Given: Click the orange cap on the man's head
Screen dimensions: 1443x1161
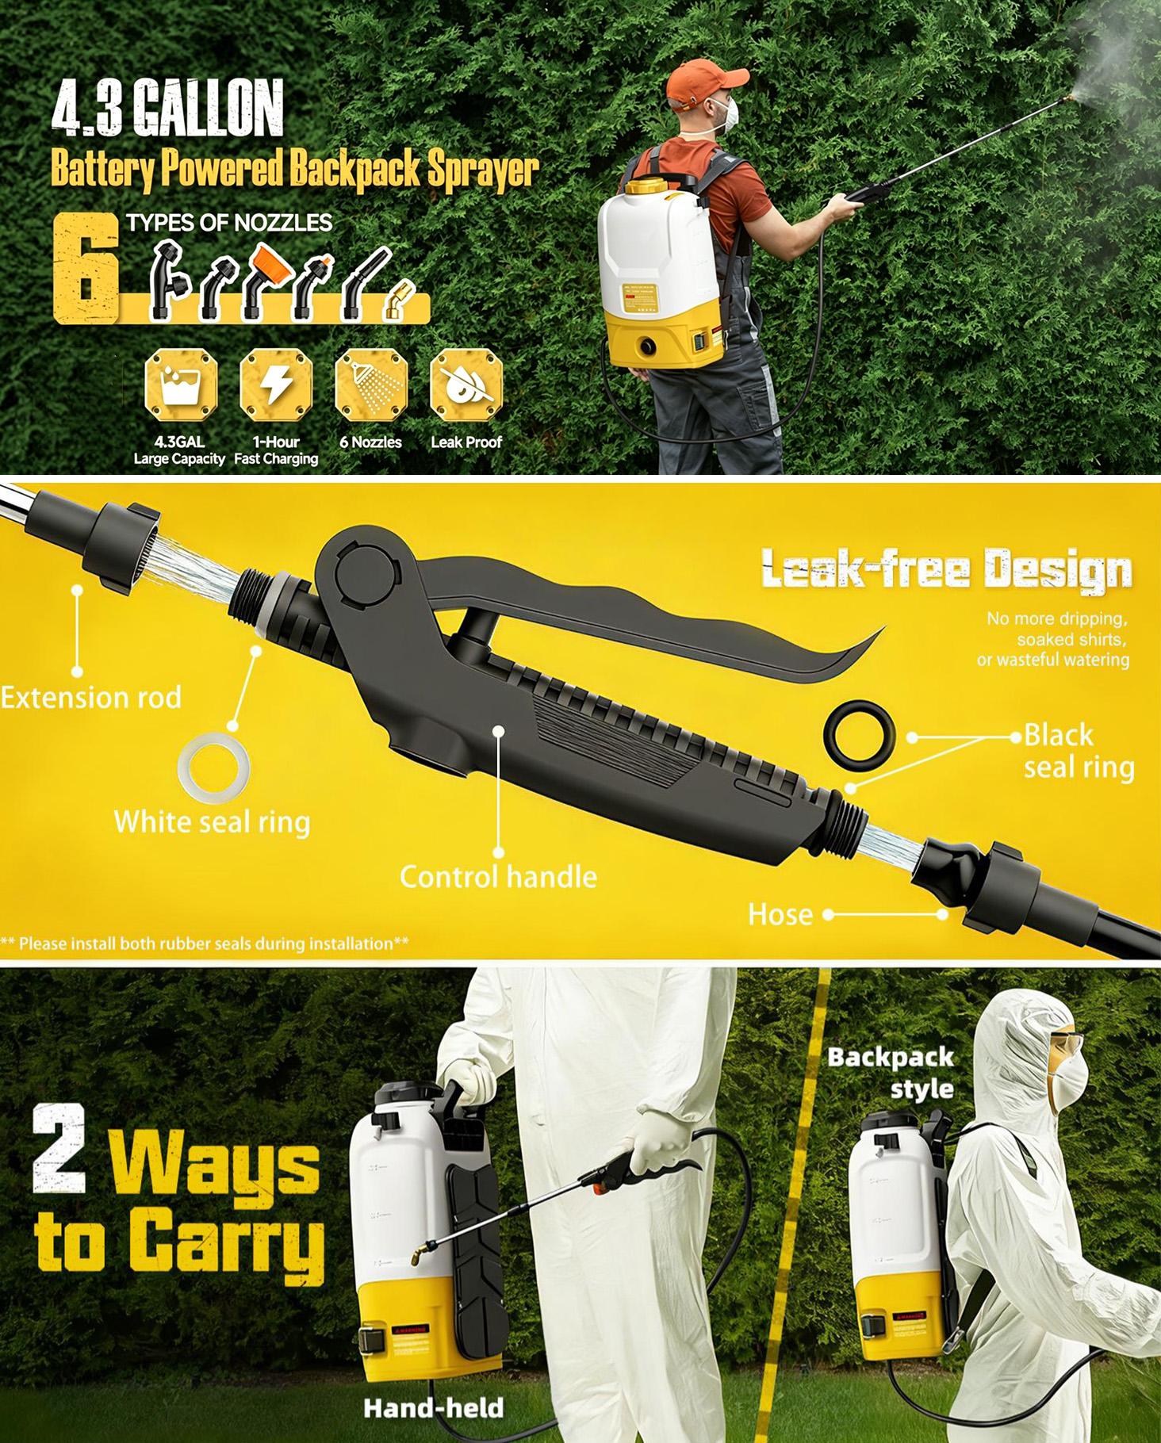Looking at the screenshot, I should (704, 82).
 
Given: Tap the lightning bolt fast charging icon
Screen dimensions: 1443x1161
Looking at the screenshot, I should (276, 387).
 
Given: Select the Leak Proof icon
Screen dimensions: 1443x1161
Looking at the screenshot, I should (466, 387).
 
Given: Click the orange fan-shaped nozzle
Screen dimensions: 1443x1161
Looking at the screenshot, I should (270, 261).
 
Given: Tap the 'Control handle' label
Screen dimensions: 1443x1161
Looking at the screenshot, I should (498, 877).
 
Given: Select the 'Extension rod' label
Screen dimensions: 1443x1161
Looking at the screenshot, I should (91, 698).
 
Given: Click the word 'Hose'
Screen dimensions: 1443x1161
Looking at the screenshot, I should (780, 915).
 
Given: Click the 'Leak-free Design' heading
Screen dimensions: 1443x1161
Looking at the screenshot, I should (946, 570).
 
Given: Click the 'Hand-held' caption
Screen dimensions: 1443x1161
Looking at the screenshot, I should (433, 1408).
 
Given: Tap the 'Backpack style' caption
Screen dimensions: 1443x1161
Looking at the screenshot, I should (891, 1073).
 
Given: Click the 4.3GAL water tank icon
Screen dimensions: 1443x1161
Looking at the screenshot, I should (180, 387).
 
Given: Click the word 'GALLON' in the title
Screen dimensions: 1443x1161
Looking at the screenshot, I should (208, 113).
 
